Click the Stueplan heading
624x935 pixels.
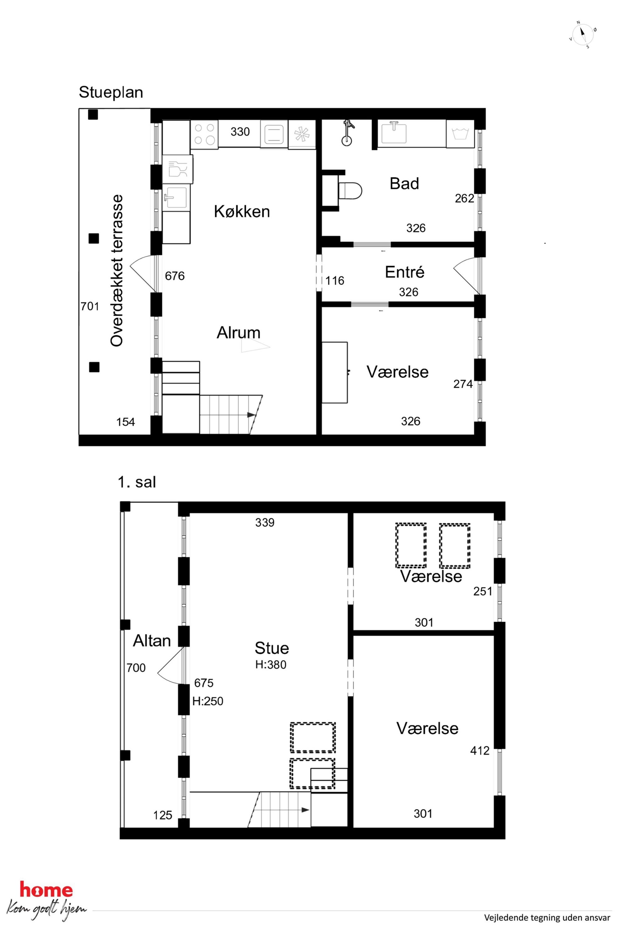(111, 92)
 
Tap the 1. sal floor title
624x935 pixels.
(136, 482)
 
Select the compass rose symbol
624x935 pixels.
(582, 35)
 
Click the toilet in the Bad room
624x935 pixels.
(350, 190)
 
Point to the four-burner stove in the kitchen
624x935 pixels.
(204, 135)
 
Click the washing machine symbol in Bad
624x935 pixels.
(460, 134)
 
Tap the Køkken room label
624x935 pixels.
(242, 211)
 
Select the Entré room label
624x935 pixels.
(404, 272)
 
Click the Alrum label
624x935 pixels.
(238, 332)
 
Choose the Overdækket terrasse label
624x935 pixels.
(117, 270)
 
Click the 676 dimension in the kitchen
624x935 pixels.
(175, 276)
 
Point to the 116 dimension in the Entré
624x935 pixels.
(335, 281)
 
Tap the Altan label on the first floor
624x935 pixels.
(152, 641)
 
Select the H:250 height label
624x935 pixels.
(208, 701)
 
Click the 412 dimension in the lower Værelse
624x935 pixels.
(480, 751)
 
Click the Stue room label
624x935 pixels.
(272, 648)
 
